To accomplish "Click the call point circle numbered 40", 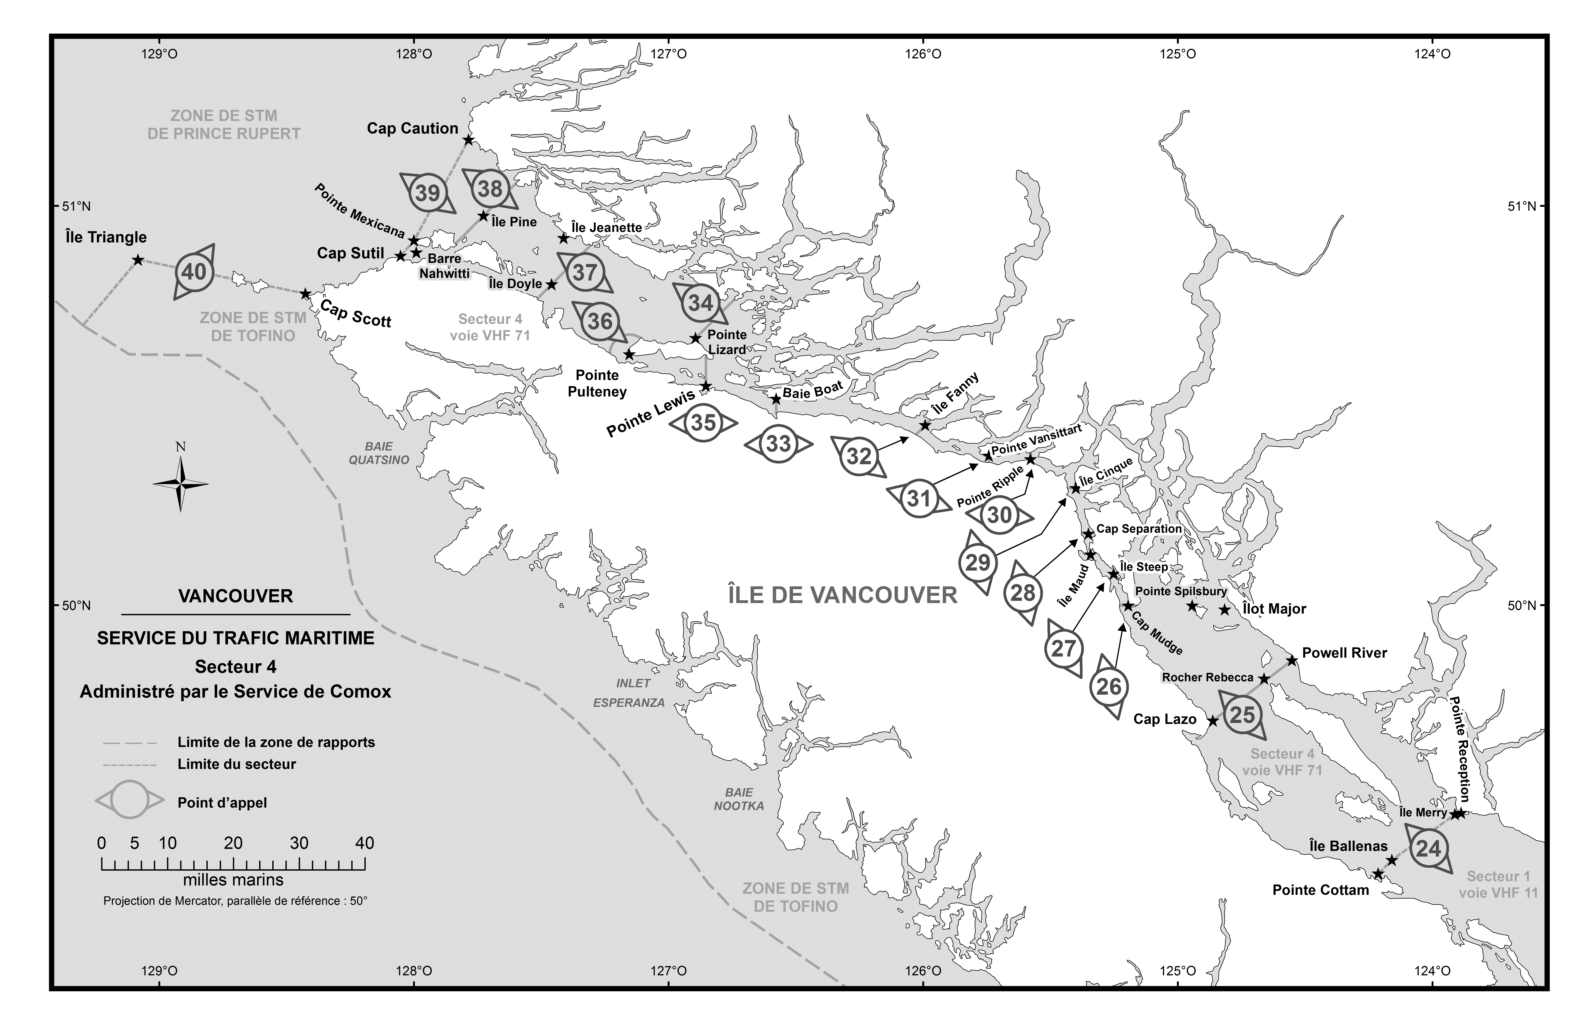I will [194, 272].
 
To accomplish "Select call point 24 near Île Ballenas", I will [1428, 848].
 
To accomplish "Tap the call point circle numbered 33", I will [778, 444].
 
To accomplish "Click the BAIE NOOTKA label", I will [739, 799].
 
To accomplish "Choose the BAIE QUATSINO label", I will [379, 453].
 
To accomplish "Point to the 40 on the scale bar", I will [365, 843].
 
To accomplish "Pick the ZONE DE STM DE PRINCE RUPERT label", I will [224, 125].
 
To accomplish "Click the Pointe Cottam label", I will [1320, 890].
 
